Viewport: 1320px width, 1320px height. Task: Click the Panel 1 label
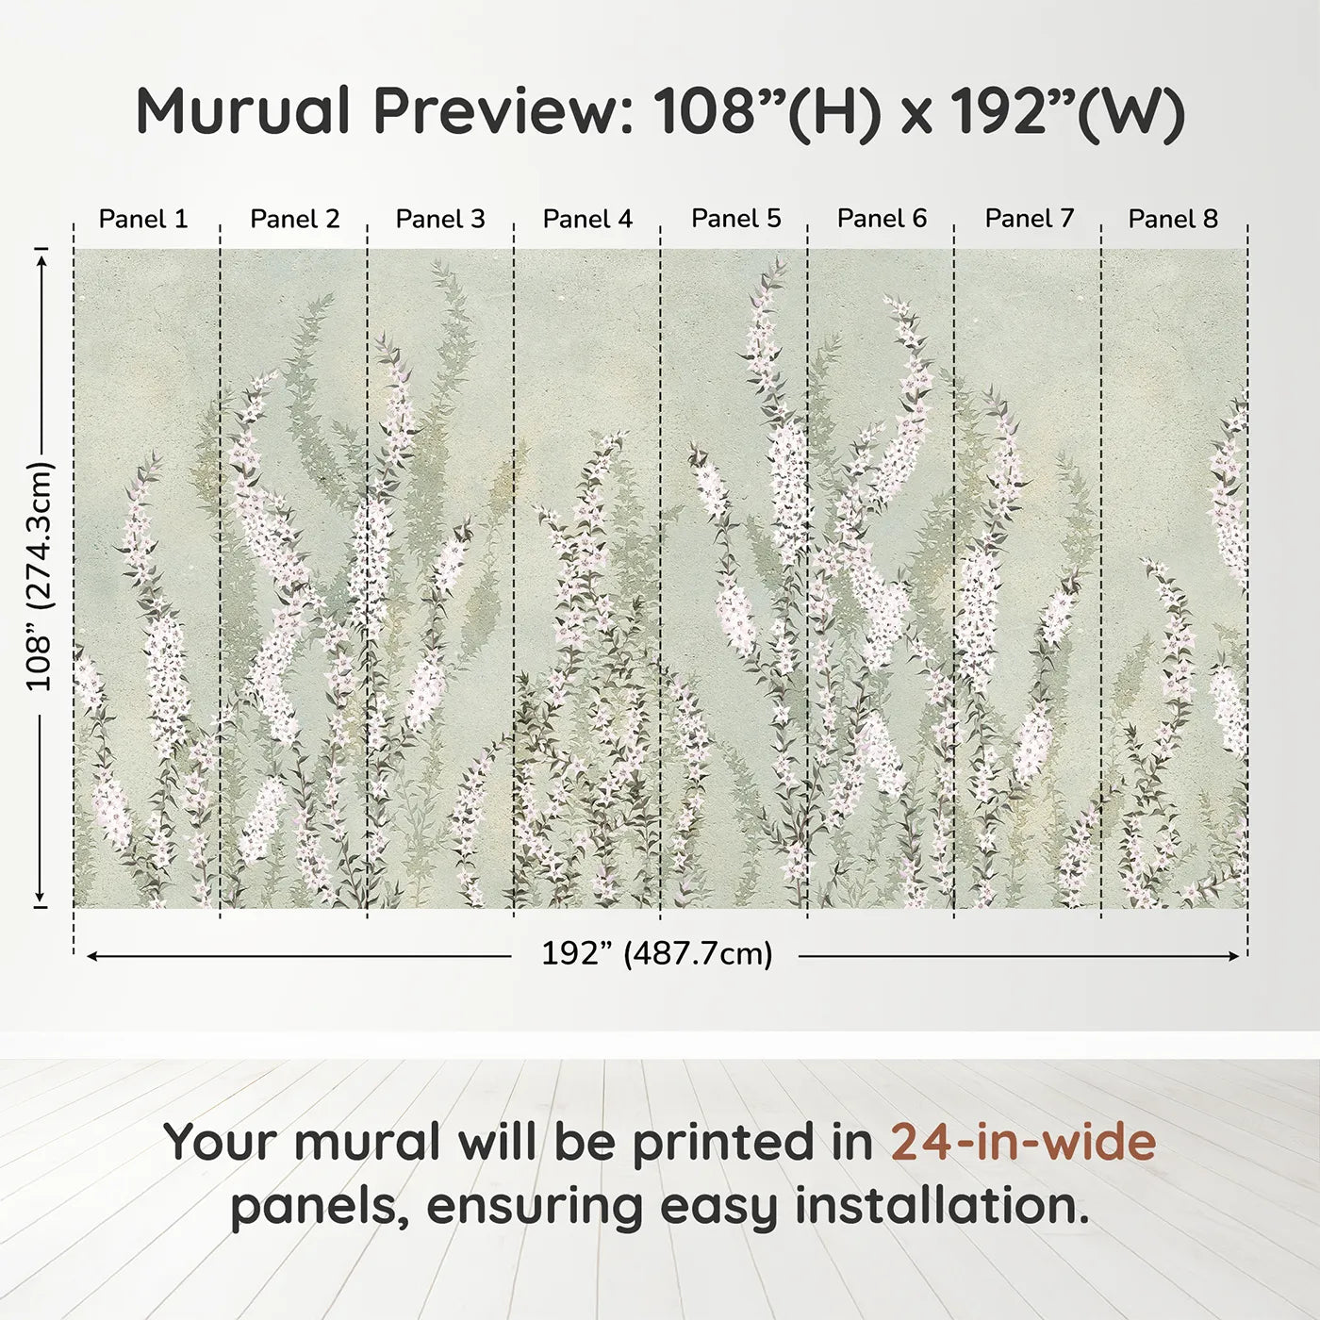(143, 219)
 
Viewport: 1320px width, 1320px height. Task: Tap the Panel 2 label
(294, 219)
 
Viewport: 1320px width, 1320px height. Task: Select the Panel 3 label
(440, 219)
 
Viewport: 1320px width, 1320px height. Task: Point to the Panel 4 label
(587, 219)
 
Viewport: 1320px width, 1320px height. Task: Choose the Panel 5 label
(736, 219)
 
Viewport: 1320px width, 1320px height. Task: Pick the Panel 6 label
(883, 219)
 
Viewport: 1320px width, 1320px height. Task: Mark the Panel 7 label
(1030, 219)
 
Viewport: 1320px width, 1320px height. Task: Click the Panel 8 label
(1174, 219)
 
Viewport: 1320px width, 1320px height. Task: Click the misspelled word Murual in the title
(243, 111)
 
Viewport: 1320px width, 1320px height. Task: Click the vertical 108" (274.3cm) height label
(40, 576)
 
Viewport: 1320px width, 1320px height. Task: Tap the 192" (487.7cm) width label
(656, 954)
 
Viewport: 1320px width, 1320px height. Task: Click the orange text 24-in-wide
(1023, 1142)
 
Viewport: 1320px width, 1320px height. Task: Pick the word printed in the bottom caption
(752, 1144)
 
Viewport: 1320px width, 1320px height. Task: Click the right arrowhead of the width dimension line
(1234, 956)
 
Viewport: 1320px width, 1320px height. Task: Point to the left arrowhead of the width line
(92, 956)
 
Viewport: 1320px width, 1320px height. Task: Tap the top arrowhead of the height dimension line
(41, 257)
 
